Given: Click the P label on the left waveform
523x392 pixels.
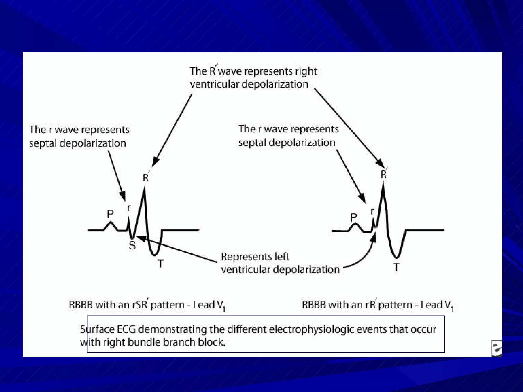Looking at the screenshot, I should [x=110, y=214].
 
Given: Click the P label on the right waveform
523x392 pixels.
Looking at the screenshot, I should [x=354, y=217].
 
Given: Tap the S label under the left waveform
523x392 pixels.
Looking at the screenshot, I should [x=132, y=245].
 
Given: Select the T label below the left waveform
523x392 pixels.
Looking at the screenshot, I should [x=160, y=264].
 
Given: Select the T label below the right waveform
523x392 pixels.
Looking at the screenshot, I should [x=396, y=267].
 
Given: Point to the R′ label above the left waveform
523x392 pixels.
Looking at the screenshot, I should [x=146, y=177].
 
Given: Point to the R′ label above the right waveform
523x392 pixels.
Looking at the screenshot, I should [x=384, y=174].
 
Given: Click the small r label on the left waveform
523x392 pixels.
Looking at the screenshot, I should [x=129, y=208].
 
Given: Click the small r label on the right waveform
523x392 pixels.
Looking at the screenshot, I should [x=372, y=211].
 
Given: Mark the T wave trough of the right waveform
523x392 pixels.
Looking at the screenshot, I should [x=396, y=256].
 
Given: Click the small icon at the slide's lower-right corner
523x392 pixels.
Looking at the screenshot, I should [x=497, y=348].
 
